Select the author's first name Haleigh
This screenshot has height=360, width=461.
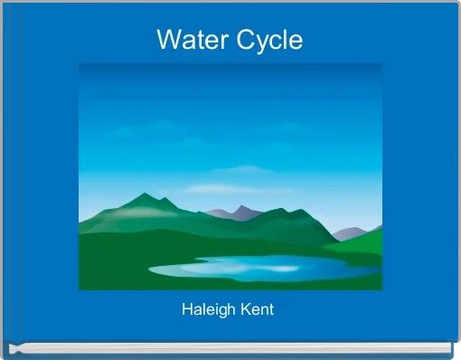pos(209,309)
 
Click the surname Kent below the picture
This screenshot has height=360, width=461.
pos(257,309)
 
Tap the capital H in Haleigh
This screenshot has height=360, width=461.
pos(186,309)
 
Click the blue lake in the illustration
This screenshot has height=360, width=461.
pos(253,268)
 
